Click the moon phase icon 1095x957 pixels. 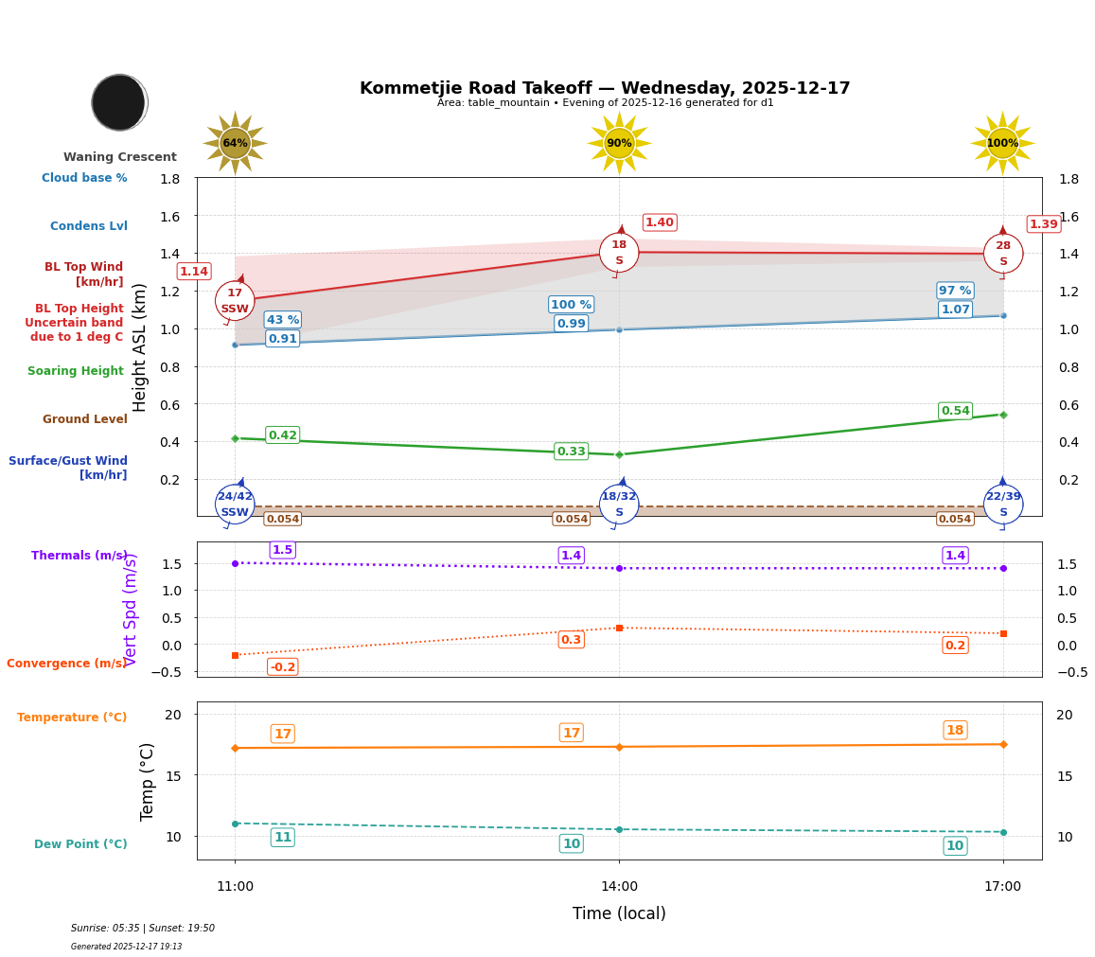point(119,102)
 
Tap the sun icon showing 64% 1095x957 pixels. point(235,144)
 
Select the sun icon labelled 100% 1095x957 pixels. point(1002,144)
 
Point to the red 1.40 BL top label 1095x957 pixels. point(659,222)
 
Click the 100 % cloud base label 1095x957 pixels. point(571,305)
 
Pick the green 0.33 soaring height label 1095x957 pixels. point(571,452)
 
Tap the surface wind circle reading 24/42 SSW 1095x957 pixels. point(235,504)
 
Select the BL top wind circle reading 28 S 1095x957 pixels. point(1002,254)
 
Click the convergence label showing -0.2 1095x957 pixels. point(282,667)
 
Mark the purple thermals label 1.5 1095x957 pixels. point(282,550)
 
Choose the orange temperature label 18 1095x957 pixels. point(955,730)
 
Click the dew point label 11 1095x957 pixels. point(282,838)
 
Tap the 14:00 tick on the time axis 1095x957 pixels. point(619,887)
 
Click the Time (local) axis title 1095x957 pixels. point(619,913)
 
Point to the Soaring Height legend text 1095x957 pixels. point(76,371)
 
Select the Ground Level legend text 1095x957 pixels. point(84,419)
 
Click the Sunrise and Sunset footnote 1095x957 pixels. point(143,929)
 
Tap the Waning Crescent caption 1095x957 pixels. point(120,157)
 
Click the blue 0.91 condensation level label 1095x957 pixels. point(282,339)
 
